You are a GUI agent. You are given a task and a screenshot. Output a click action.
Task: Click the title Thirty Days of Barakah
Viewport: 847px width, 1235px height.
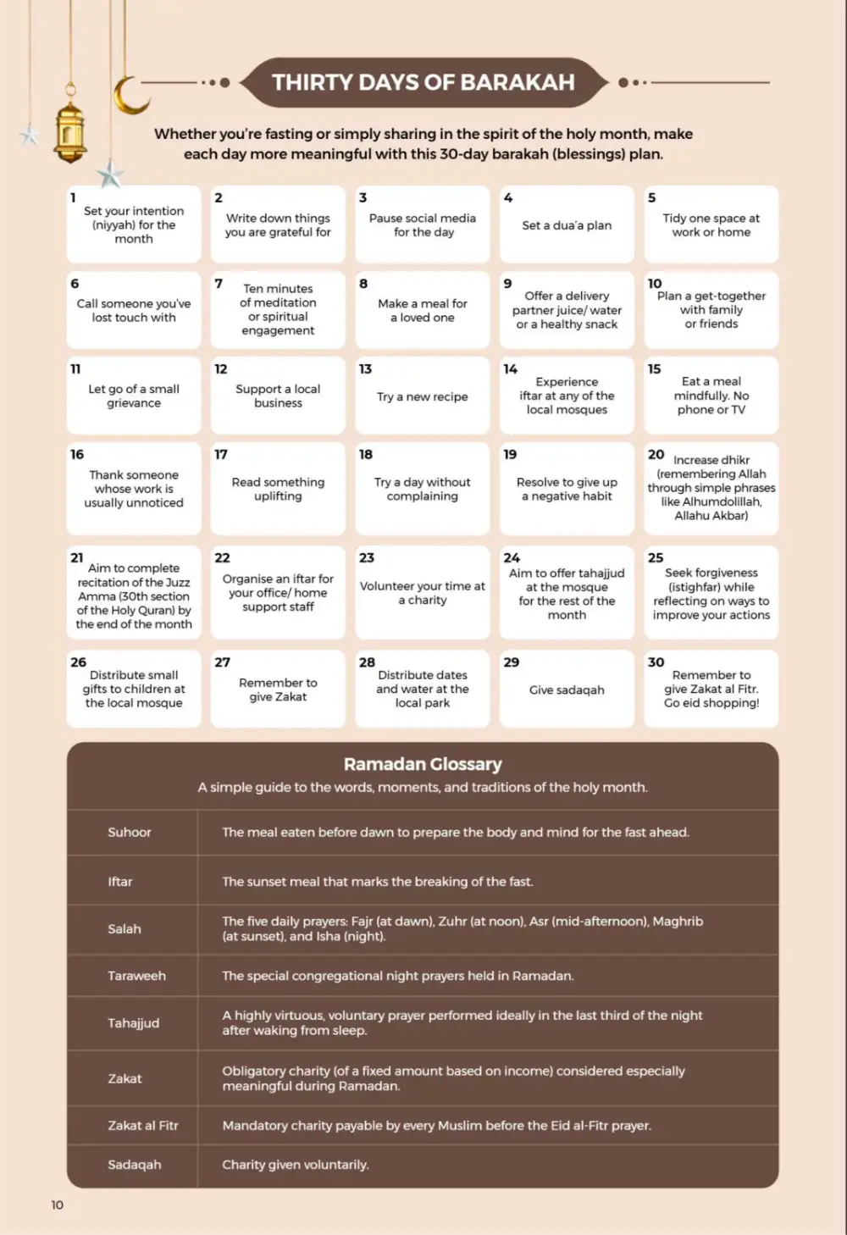pos(423,82)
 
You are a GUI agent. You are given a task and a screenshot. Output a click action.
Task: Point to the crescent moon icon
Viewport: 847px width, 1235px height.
pos(129,95)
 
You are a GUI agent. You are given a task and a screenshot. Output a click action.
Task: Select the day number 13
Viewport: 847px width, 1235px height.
pos(365,369)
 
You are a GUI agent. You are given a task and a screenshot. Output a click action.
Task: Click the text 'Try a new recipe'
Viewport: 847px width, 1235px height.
pos(422,396)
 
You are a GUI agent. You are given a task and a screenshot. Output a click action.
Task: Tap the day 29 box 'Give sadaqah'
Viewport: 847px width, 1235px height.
pos(567,689)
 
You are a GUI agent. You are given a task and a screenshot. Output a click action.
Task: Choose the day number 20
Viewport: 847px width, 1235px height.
pos(656,455)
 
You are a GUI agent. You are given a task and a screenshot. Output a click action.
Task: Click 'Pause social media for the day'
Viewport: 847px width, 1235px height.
pos(422,224)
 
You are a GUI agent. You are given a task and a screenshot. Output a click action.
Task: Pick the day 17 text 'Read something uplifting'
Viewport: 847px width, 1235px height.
pos(278,489)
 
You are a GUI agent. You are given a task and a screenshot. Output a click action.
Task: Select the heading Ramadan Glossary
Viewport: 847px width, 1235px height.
pos(423,764)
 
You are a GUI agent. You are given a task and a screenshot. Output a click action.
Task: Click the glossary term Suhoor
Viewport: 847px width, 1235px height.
pos(130,832)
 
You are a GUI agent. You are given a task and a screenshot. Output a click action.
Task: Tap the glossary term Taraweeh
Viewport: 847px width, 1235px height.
pos(136,976)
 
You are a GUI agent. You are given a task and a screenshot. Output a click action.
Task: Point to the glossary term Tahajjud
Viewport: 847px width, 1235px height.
pos(133,1023)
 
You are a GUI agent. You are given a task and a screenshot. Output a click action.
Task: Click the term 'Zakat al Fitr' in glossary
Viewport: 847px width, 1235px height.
pos(142,1126)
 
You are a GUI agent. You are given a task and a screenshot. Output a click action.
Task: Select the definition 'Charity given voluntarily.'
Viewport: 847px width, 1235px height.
pos(295,1165)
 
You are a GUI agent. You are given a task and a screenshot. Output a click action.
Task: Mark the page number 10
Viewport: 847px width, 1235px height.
pos(57,1205)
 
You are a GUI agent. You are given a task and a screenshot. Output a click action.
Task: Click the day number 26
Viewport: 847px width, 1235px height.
pos(78,662)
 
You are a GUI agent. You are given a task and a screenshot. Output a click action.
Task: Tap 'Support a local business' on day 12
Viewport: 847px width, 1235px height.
pos(278,396)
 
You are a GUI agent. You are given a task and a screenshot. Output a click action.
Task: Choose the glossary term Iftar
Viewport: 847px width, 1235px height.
pos(120,882)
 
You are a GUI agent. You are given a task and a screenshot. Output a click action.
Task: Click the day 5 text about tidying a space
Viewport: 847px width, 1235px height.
pos(711,224)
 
